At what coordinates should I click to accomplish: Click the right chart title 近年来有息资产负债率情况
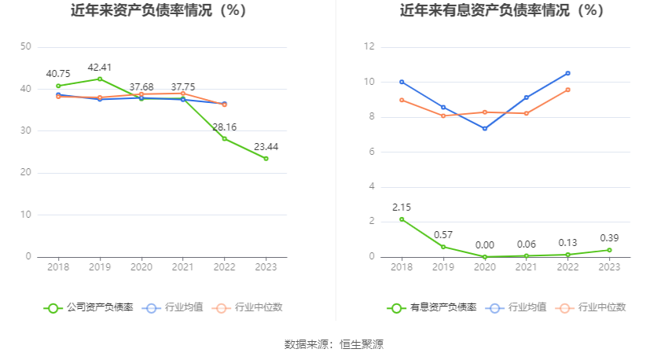[x=501, y=11]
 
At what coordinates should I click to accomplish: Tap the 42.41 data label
[x=100, y=67]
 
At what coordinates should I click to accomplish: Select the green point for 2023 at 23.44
[x=266, y=159]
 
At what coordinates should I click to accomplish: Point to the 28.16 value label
[x=224, y=127]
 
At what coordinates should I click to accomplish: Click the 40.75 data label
[x=58, y=74]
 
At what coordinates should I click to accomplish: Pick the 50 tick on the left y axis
[x=26, y=47]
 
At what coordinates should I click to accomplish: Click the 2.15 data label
[x=402, y=208]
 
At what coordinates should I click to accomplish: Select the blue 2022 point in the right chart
[x=567, y=73]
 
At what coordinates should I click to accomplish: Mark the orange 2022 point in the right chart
[x=567, y=90]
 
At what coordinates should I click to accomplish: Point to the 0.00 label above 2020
[x=485, y=245]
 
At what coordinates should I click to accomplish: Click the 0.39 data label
[x=609, y=238]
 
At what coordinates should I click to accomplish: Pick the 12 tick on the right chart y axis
[x=369, y=47]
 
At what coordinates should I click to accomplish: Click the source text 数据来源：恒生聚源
[x=334, y=344]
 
